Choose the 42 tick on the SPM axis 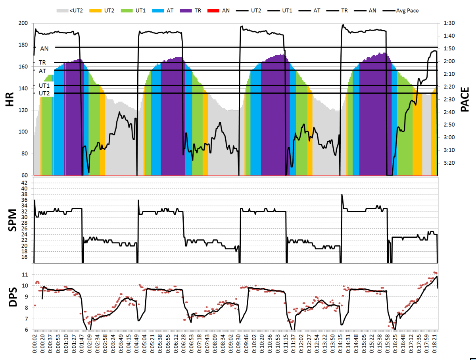coord(27,183)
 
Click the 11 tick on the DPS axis coord(27,275)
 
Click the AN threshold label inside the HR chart coord(45,48)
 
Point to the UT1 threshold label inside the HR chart coord(44,86)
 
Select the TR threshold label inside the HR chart coord(42,63)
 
